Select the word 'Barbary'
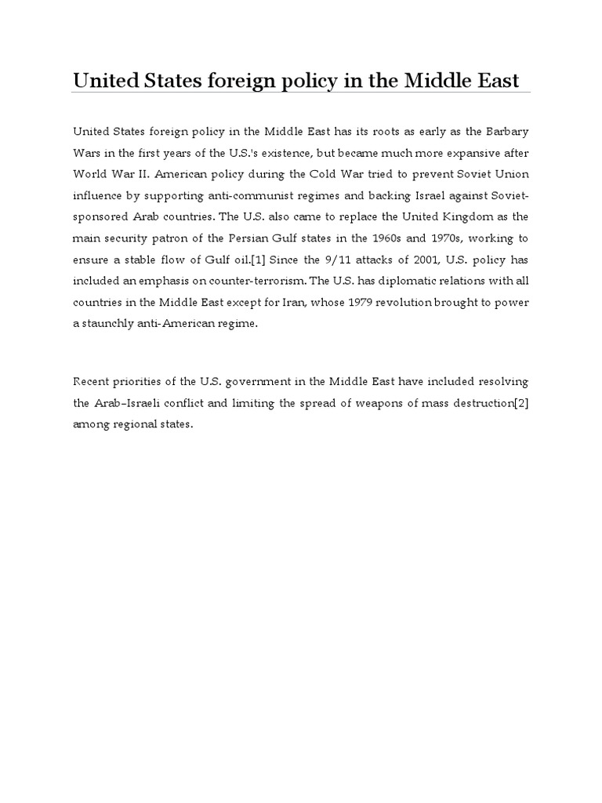coord(507,129)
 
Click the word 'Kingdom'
coord(467,216)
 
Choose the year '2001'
coord(417,259)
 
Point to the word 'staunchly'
coord(107,324)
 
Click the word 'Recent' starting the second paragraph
coord(92,382)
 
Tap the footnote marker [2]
coord(521,403)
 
